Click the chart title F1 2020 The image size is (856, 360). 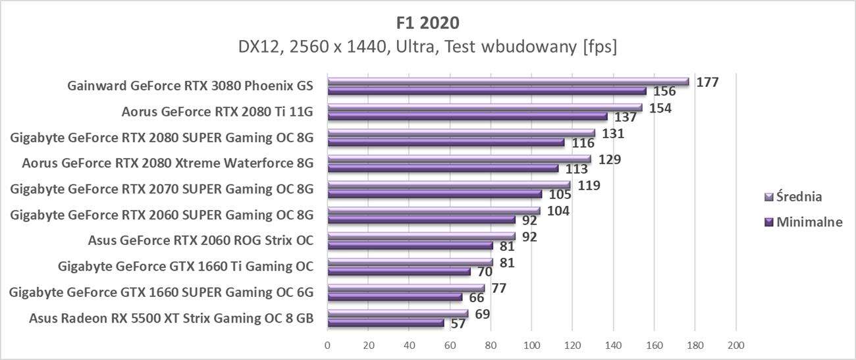coord(427,22)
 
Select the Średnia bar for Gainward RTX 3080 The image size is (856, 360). coord(507,82)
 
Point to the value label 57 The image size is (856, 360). coord(458,324)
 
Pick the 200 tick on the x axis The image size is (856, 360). coord(736,345)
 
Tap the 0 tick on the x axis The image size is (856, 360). coord(327,345)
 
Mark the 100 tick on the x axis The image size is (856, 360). coord(531,345)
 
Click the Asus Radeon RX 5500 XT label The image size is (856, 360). coord(171,319)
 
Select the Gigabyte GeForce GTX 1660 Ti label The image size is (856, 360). coord(186,267)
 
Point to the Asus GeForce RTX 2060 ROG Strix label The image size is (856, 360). coord(200,240)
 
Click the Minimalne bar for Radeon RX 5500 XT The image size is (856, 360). coord(385,322)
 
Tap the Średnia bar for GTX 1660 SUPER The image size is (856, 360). coord(406,288)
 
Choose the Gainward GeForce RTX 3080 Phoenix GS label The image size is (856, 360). coord(190,86)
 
